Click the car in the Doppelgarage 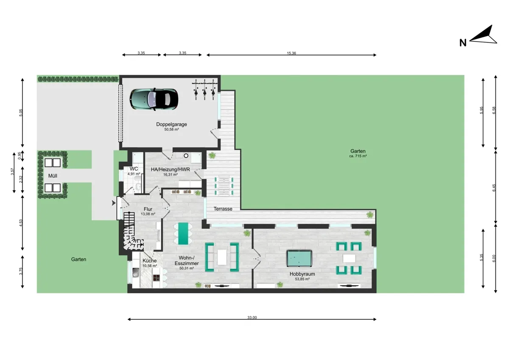154,98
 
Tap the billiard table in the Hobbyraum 299,258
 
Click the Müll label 53,175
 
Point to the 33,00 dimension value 252,317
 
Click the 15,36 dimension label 291,53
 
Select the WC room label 134,169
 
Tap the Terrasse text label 223,209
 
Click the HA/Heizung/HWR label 170,169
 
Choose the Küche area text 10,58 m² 149,266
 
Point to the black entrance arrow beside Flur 113,203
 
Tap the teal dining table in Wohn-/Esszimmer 183,233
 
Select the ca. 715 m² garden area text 358,156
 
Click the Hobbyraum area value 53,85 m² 302,279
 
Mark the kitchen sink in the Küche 136,273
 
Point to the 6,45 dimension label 494,188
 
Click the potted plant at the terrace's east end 370,215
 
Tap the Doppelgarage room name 171,124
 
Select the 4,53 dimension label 21,222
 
